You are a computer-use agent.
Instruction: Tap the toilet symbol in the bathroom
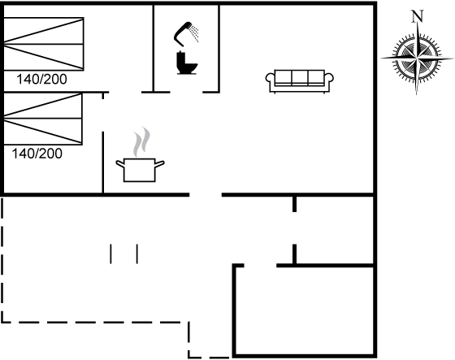coord(187,63)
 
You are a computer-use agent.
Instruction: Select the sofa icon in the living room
coord(300,81)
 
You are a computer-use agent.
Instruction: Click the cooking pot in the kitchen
coord(140,170)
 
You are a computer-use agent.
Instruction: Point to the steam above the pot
coord(141,142)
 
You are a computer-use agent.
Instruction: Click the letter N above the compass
coord(418,16)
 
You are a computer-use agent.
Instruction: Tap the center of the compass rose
coord(417,59)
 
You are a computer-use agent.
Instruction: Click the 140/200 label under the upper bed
coord(41,79)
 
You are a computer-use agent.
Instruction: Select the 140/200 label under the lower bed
coord(37,154)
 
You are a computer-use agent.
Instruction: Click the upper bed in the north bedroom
coord(44,44)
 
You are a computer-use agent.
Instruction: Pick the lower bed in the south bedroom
coord(43,119)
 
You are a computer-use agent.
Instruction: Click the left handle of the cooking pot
coord(120,163)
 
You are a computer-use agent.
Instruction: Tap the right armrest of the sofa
coord(329,78)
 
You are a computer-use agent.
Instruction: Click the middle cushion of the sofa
coord(300,77)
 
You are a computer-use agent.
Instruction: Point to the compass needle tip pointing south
coord(416,94)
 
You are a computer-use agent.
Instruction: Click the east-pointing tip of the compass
coord(453,59)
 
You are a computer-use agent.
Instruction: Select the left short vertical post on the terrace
coord(110,254)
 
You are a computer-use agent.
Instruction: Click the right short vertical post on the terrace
coord(137,254)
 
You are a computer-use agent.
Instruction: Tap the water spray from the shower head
coord(195,33)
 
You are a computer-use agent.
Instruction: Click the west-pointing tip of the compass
coord(381,59)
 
